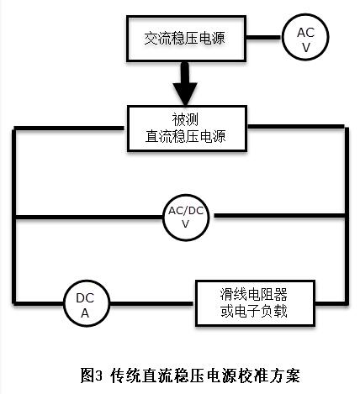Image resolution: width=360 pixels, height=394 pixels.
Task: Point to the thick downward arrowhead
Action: coord(185,94)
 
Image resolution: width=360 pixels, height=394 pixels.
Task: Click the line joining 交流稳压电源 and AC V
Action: coord(264,38)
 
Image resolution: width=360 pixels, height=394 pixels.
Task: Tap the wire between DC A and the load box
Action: coord(152,303)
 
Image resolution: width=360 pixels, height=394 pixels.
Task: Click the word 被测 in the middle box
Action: coord(185,119)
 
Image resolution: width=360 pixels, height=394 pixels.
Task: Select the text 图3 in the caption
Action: coord(92,375)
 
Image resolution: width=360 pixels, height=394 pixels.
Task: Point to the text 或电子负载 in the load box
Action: coord(254,311)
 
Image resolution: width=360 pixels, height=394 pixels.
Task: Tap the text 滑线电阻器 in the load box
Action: coord(254,294)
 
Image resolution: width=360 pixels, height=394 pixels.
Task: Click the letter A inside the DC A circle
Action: coord(85,313)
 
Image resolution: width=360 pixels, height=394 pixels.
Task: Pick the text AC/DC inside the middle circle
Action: coord(186,211)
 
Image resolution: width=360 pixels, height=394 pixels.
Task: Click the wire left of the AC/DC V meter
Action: coord(89,218)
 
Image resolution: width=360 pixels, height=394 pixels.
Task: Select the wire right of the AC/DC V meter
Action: coord(279,216)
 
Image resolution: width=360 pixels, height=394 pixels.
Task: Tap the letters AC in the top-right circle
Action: coord(305,33)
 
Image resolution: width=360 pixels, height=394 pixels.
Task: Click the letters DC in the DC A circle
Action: coord(85,298)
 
